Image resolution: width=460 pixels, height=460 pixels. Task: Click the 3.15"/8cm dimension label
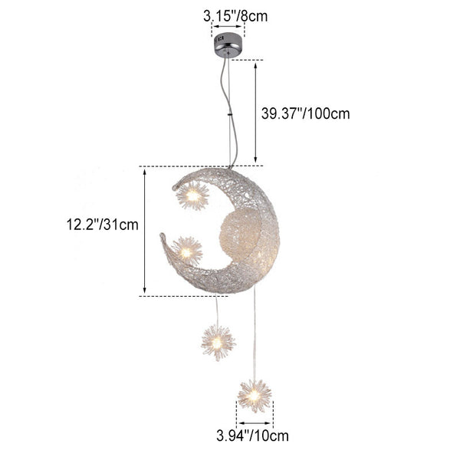[235, 16]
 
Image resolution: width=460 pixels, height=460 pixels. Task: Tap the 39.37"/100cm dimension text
[306, 113]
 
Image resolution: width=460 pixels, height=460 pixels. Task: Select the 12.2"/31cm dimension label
[103, 225]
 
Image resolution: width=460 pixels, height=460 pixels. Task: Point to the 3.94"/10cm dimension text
[252, 436]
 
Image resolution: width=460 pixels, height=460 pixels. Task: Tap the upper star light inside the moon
[192, 195]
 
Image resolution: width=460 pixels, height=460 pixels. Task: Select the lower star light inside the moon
[186, 251]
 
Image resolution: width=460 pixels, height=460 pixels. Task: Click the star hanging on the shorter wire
[218, 343]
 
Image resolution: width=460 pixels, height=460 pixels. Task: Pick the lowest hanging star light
[255, 396]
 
